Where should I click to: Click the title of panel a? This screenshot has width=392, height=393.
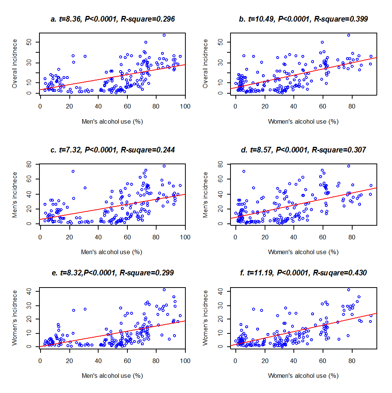(x=113, y=19)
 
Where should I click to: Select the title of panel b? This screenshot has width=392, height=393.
(x=303, y=19)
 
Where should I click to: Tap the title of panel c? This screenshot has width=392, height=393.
(x=113, y=150)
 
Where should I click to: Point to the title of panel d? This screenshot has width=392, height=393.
(x=303, y=150)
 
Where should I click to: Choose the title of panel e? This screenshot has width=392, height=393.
(x=113, y=272)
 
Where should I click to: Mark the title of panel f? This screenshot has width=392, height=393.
(x=303, y=272)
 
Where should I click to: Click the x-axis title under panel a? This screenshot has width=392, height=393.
(x=112, y=121)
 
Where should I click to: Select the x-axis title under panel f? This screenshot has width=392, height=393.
(x=303, y=376)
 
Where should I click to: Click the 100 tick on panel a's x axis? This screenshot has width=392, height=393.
(x=185, y=107)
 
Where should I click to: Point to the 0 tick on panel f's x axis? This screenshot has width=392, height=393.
(x=235, y=361)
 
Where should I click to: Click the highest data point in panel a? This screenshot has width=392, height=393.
(x=164, y=35)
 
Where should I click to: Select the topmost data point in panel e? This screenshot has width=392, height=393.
(x=164, y=290)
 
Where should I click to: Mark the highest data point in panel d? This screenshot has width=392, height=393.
(x=348, y=166)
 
